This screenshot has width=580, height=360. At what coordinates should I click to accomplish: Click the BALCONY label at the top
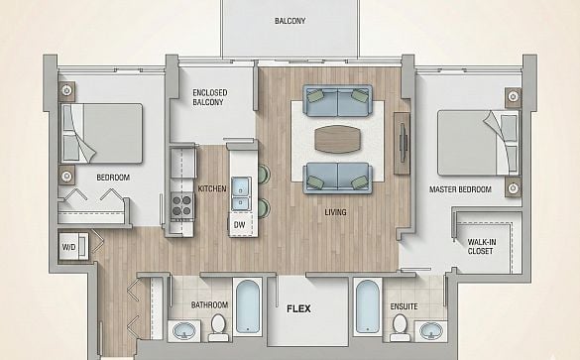pos(290,21)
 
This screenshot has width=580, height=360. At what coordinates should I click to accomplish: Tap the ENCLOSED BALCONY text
pos(210,97)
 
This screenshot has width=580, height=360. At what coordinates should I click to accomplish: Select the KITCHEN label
pos(212,188)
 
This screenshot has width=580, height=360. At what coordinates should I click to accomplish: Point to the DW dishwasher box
pos(240,224)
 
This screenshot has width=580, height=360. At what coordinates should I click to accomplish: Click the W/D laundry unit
pos(73,246)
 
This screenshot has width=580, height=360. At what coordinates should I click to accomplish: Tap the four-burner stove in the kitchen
pos(182,205)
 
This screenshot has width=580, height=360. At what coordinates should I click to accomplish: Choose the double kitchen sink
pos(241,193)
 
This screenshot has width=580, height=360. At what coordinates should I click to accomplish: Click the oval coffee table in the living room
pos(337,139)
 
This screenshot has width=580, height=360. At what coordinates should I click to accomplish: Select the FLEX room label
pos(298,308)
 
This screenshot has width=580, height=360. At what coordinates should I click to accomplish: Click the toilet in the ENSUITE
pos(400,328)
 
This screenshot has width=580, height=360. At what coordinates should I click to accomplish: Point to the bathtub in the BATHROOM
pos(248,307)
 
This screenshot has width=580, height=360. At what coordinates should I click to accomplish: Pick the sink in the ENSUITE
pos(430,331)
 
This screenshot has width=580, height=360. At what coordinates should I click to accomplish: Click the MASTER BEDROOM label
pos(460,189)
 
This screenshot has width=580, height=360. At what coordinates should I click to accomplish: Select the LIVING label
pos(335,212)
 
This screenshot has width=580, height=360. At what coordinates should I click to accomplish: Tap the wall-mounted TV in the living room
pos(404,143)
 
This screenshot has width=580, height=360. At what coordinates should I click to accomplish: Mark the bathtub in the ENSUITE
pos(368,307)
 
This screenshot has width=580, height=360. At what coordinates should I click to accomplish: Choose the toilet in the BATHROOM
pos(218,328)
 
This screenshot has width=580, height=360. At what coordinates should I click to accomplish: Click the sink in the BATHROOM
pos(184,331)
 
